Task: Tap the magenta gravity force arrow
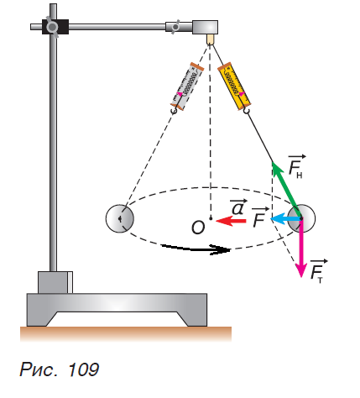301,248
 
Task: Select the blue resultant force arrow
286,219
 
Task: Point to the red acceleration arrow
231,221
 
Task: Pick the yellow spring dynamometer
234,86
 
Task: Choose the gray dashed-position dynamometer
187,86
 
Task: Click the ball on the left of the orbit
120,218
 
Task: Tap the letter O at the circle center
198,227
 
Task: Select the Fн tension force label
296,166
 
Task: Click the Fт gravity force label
319,271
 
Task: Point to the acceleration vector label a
238,207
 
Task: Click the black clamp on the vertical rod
55,27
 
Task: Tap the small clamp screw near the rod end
175,27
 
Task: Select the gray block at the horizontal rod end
205,27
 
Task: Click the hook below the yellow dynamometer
247,111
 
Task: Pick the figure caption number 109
83,369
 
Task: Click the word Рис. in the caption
39,369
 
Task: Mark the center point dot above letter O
211,218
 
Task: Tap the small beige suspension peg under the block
211,39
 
